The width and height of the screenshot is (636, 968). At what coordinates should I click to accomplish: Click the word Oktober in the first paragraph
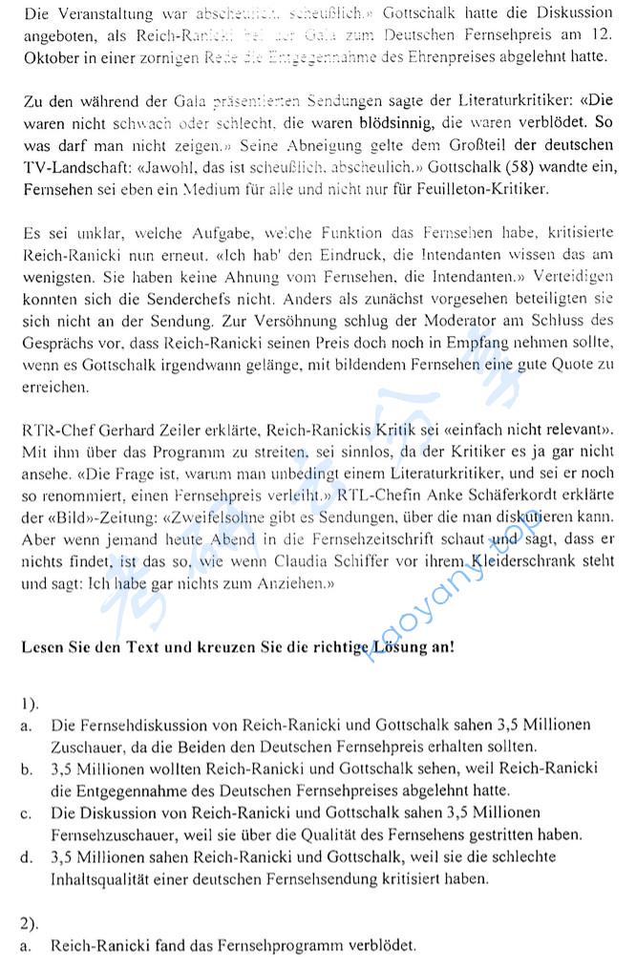49,55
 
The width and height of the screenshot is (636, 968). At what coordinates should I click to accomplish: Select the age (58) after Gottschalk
517,166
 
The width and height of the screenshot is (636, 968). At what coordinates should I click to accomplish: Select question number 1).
30,704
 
